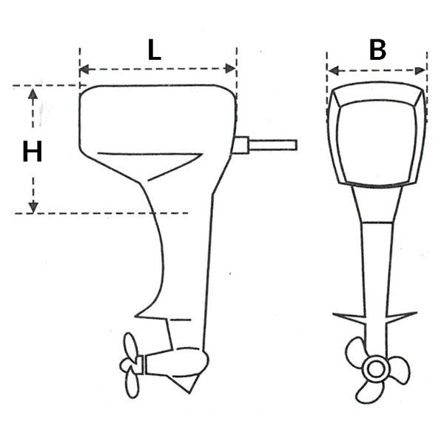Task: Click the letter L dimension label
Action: coord(155,50)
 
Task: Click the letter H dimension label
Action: coord(33,152)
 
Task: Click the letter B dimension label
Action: coord(377,50)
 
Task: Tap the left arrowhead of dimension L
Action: coord(84,69)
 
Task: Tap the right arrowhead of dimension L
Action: coord(230,69)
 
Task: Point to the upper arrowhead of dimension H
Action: coord(33,94)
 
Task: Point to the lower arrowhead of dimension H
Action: coord(33,207)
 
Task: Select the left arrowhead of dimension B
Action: coord(334,71)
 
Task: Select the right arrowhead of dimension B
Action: coord(420,71)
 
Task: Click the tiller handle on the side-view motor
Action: coord(272,145)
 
